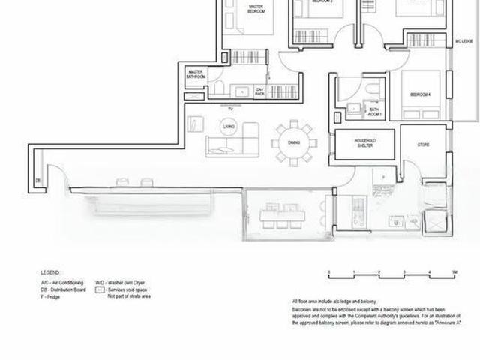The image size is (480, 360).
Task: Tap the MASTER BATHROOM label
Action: click(x=196, y=73)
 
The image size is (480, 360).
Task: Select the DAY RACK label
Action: click(x=260, y=91)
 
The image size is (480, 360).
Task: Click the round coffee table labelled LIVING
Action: click(x=229, y=127)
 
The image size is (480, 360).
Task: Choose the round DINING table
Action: click(x=293, y=142)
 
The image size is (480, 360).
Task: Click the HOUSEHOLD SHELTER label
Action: click(x=364, y=144)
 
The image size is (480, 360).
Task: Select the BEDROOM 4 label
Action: click(x=420, y=94)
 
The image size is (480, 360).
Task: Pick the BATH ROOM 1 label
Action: click(x=375, y=112)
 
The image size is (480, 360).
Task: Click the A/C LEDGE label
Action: click(x=468, y=42)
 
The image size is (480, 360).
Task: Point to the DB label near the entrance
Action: click(x=36, y=180)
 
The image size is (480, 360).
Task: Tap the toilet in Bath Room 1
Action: click(x=373, y=91)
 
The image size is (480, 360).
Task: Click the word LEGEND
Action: click(x=51, y=272)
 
